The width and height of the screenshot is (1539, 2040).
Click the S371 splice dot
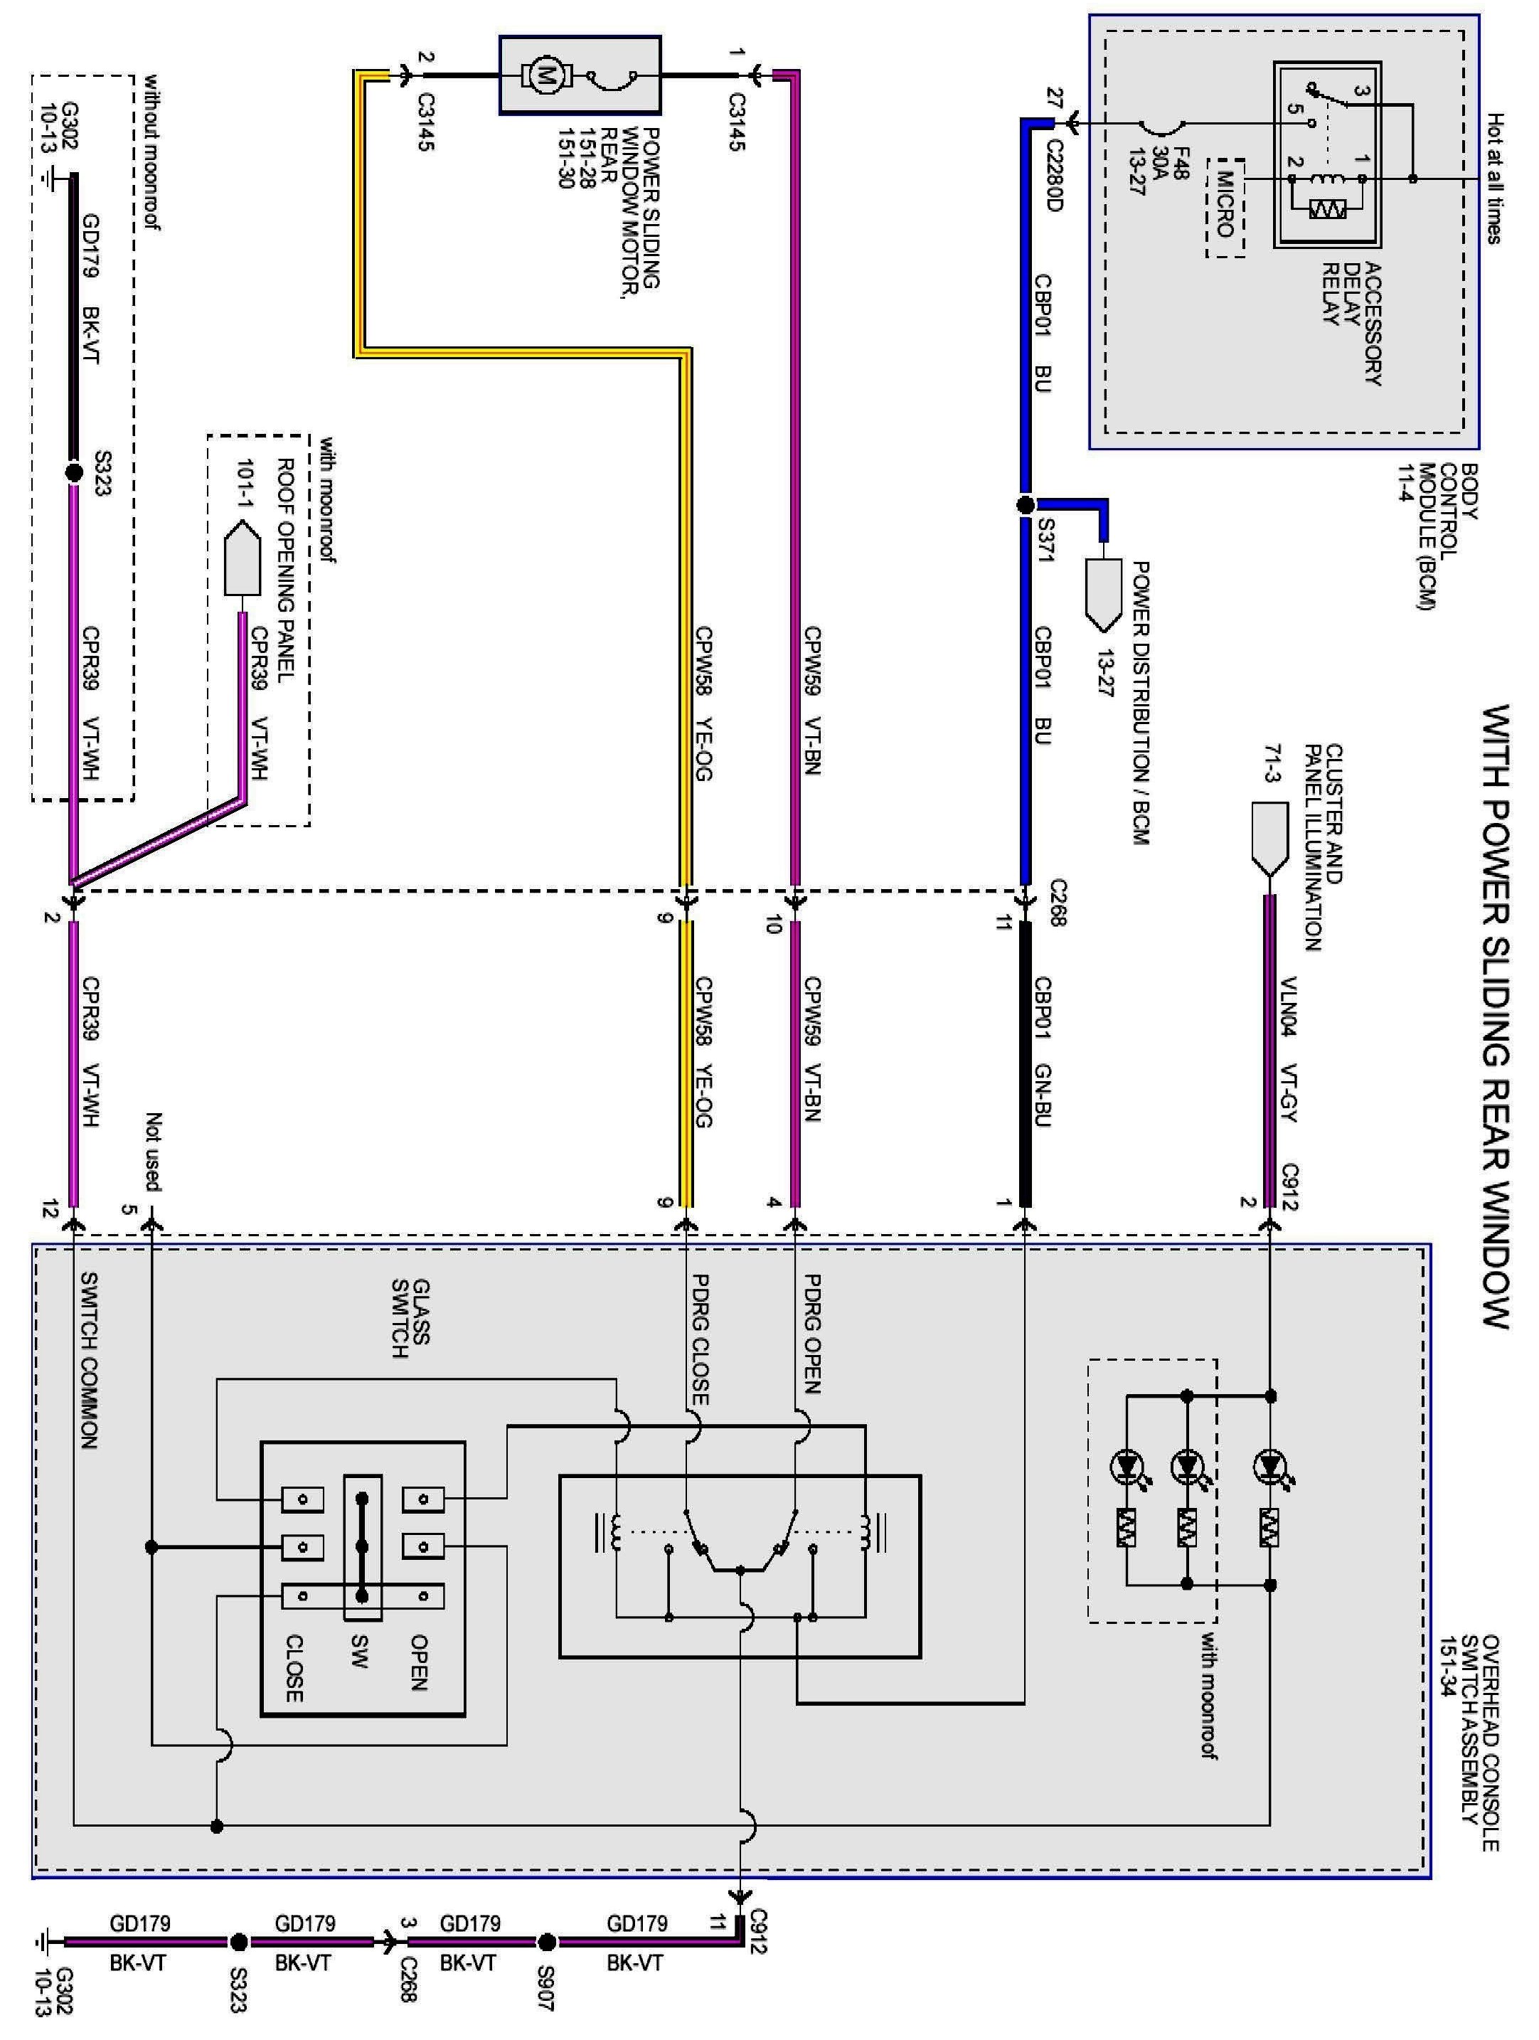click(1026, 504)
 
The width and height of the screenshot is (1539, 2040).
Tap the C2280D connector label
click(1053, 175)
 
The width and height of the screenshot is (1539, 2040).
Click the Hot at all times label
click(1495, 179)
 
